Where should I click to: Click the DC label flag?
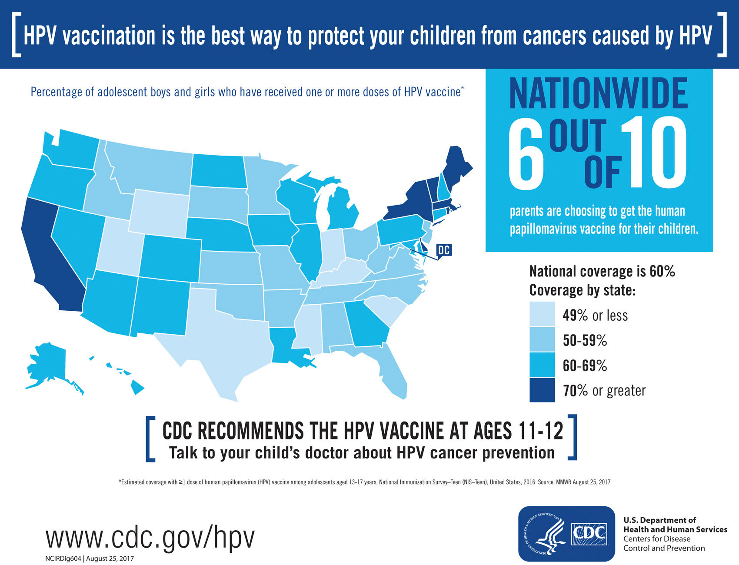point(443,250)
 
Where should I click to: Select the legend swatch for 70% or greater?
point(542,390)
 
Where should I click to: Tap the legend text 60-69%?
point(585,366)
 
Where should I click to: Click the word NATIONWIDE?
point(599,93)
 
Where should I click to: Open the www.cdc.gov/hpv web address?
point(150,538)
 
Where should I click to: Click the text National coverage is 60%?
point(602,272)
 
